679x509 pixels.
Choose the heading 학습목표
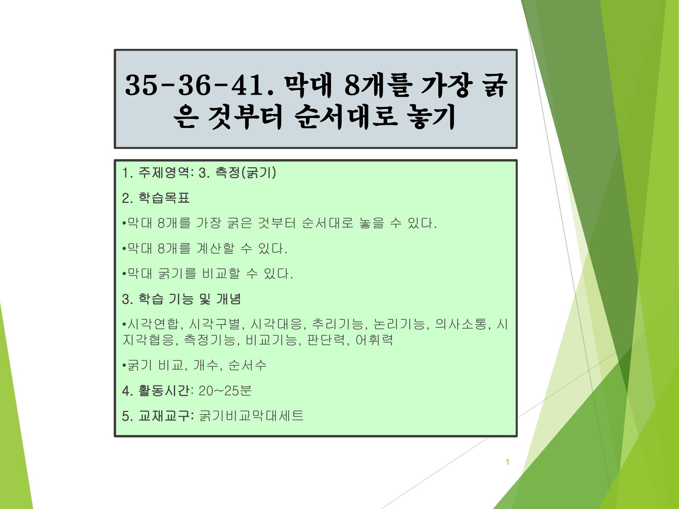tap(164, 198)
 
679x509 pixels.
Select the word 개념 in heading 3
tap(228, 299)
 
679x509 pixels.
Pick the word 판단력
tap(326, 340)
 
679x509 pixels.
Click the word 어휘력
tap(374, 340)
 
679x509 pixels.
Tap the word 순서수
tap(247, 365)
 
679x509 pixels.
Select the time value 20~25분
tap(225, 391)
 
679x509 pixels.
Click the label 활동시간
tap(164, 391)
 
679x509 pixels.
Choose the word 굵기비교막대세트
tap(251, 416)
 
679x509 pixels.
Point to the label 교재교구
tap(164, 416)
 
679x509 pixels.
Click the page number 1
tap(507, 462)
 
